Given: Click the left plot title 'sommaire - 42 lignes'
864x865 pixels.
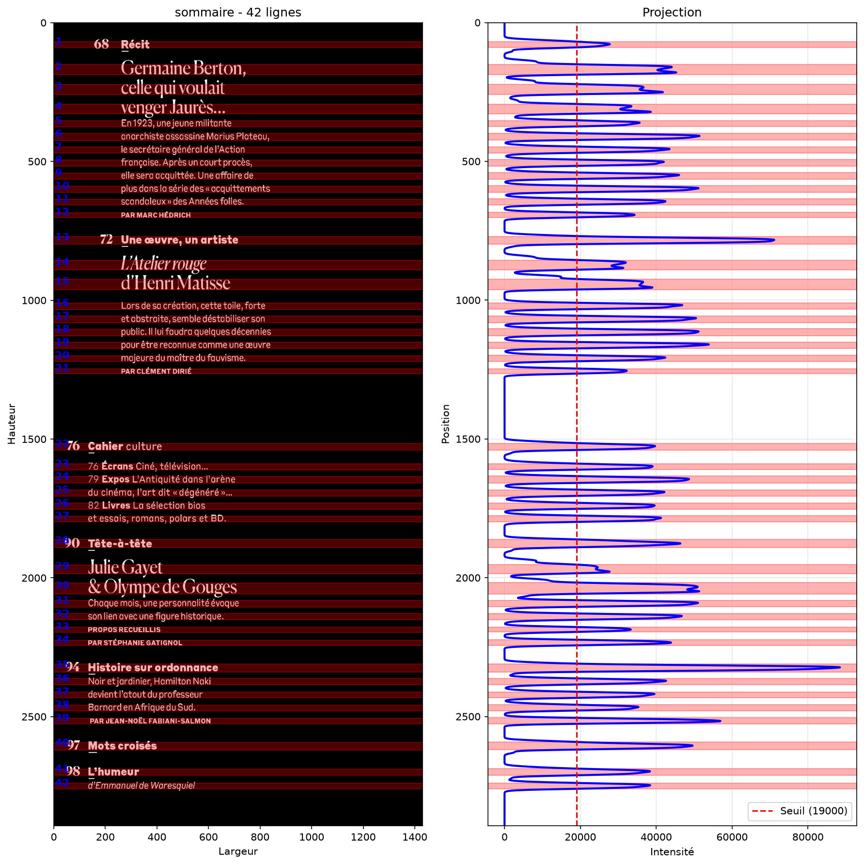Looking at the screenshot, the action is pyautogui.click(x=238, y=12).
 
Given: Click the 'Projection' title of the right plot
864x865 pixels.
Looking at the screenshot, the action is pyautogui.click(x=672, y=12).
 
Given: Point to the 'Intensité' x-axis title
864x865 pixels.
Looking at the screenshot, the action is pyautogui.click(x=672, y=851).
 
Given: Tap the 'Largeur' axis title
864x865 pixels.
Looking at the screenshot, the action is pyautogui.click(x=238, y=851).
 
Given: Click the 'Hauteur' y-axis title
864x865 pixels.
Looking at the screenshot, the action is pyautogui.click(x=12, y=424).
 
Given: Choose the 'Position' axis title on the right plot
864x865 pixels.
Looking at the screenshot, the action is pyautogui.click(x=446, y=424).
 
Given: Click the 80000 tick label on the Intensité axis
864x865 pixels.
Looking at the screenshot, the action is pyautogui.click(x=807, y=837).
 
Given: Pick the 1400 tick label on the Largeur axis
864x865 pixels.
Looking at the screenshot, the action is pyautogui.click(x=415, y=837).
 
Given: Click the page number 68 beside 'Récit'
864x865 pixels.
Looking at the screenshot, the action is pyautogui.click(x=101, y=44).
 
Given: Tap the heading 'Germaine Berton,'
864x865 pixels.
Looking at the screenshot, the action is pyautogui.click(x=184, y=68).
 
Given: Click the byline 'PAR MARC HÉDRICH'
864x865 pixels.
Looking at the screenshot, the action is pyautogui.click(x=156, y=215).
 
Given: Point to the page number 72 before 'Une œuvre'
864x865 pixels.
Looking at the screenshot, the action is pyautogui.click(x=106, y=239).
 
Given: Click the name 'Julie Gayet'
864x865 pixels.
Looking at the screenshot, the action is pyautogui.click(x=125, y=567).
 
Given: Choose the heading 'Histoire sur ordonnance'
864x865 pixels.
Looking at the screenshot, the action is pyautogui.click(x=153, y=668).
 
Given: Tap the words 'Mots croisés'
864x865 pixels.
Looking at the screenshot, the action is pyautogui.click(x=123, y=746).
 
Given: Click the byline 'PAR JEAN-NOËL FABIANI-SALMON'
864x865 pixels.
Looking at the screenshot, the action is pyautogui.click(x=150, y=721).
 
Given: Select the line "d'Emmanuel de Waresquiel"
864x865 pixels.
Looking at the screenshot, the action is pyautogui.click(x=141, y=786).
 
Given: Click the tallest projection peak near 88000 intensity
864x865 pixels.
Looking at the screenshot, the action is pyautogui.click(x=839, y=668).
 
